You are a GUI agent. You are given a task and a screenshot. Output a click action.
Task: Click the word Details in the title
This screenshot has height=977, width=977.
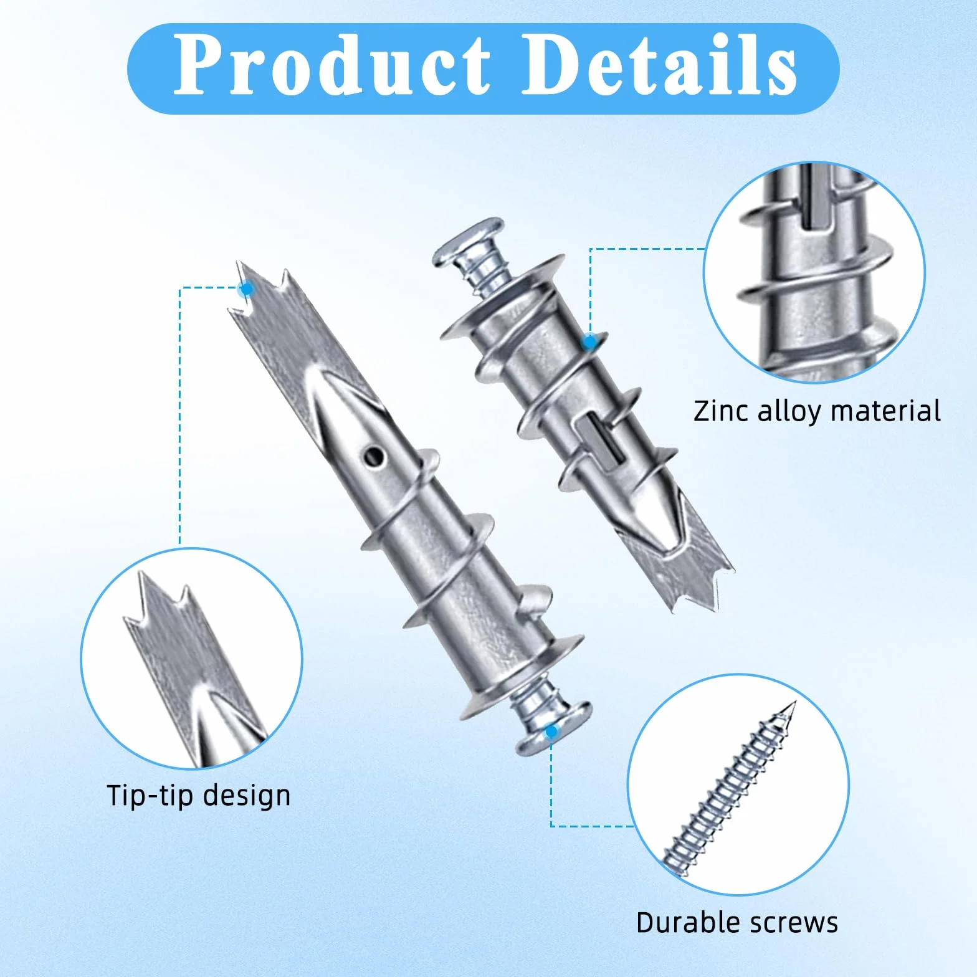coord(659,65)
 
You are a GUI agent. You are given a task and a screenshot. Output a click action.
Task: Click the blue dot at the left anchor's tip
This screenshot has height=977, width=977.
coord(247,289)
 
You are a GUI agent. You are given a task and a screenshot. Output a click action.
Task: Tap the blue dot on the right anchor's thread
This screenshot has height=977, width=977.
coord(589,341)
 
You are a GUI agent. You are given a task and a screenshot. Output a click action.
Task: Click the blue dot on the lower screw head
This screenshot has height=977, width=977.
coord(551,732)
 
